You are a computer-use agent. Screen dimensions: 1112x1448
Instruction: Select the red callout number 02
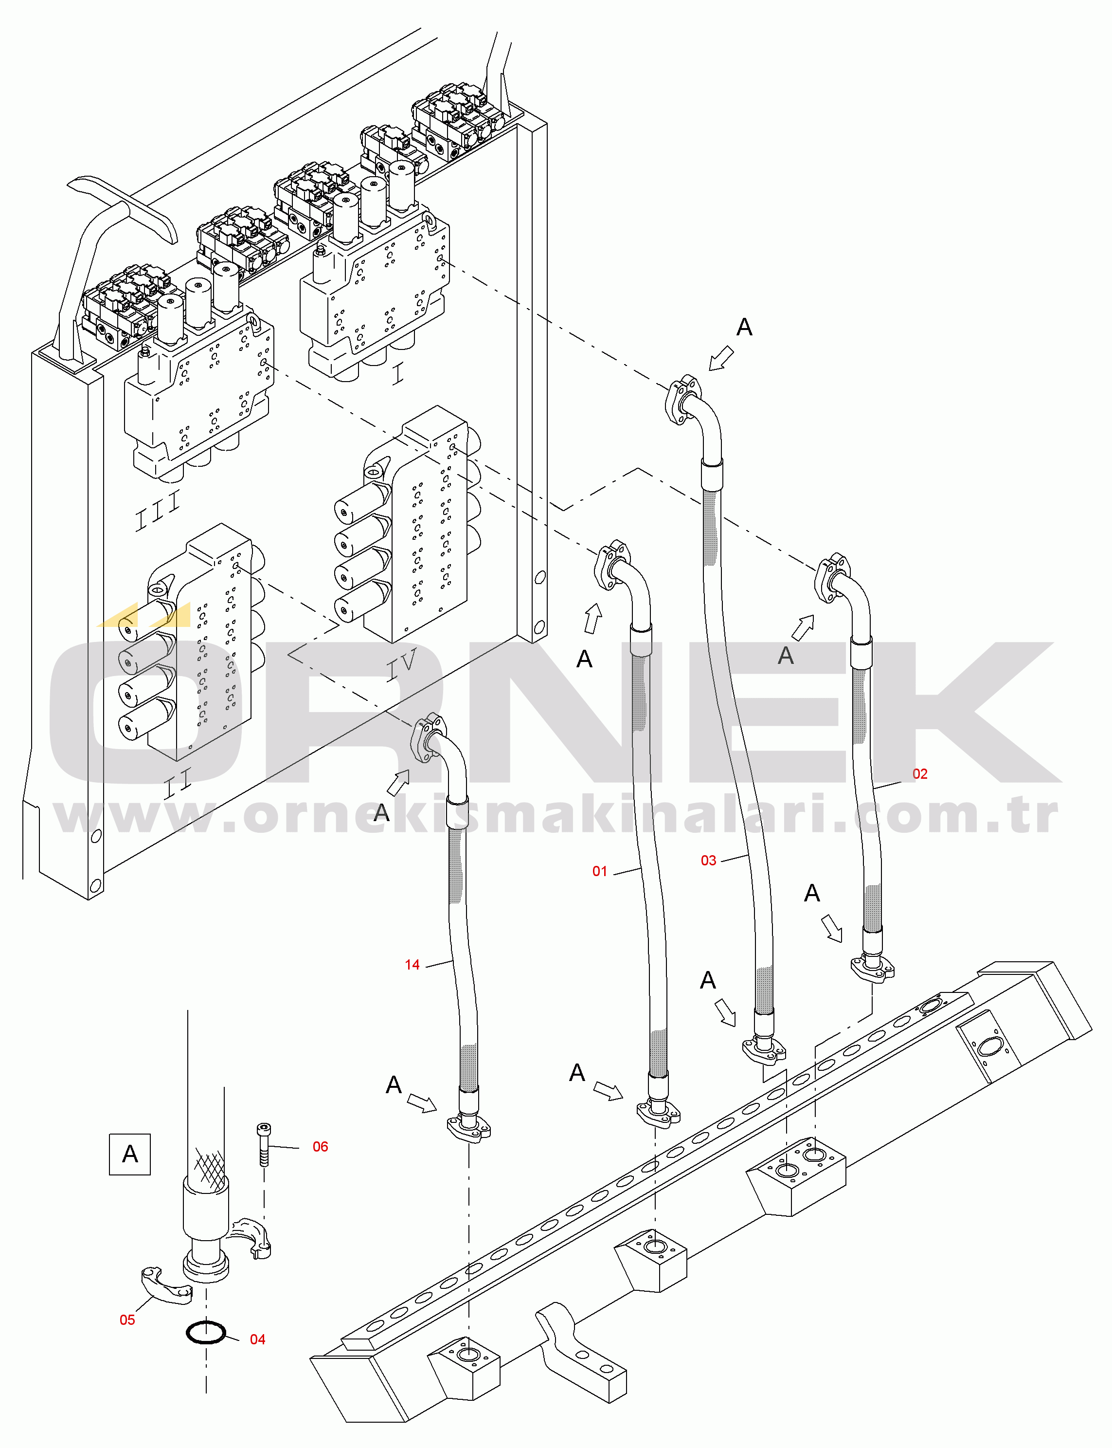(x=919, y=774)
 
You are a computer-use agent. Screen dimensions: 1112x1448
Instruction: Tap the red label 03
(x=708, y=861)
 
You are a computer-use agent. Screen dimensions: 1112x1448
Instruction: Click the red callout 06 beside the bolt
(x=321, y=1147)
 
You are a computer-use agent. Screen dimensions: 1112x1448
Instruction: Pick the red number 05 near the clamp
(x=127, y=1320)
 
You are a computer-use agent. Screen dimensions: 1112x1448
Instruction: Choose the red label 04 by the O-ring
(x=257, y=1339)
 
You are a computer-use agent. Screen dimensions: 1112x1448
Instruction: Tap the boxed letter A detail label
(x=130, y=1154)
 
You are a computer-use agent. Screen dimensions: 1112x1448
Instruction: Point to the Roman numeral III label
(x=158, y=512)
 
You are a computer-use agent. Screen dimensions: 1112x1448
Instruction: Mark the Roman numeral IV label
(x=402, y=663)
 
